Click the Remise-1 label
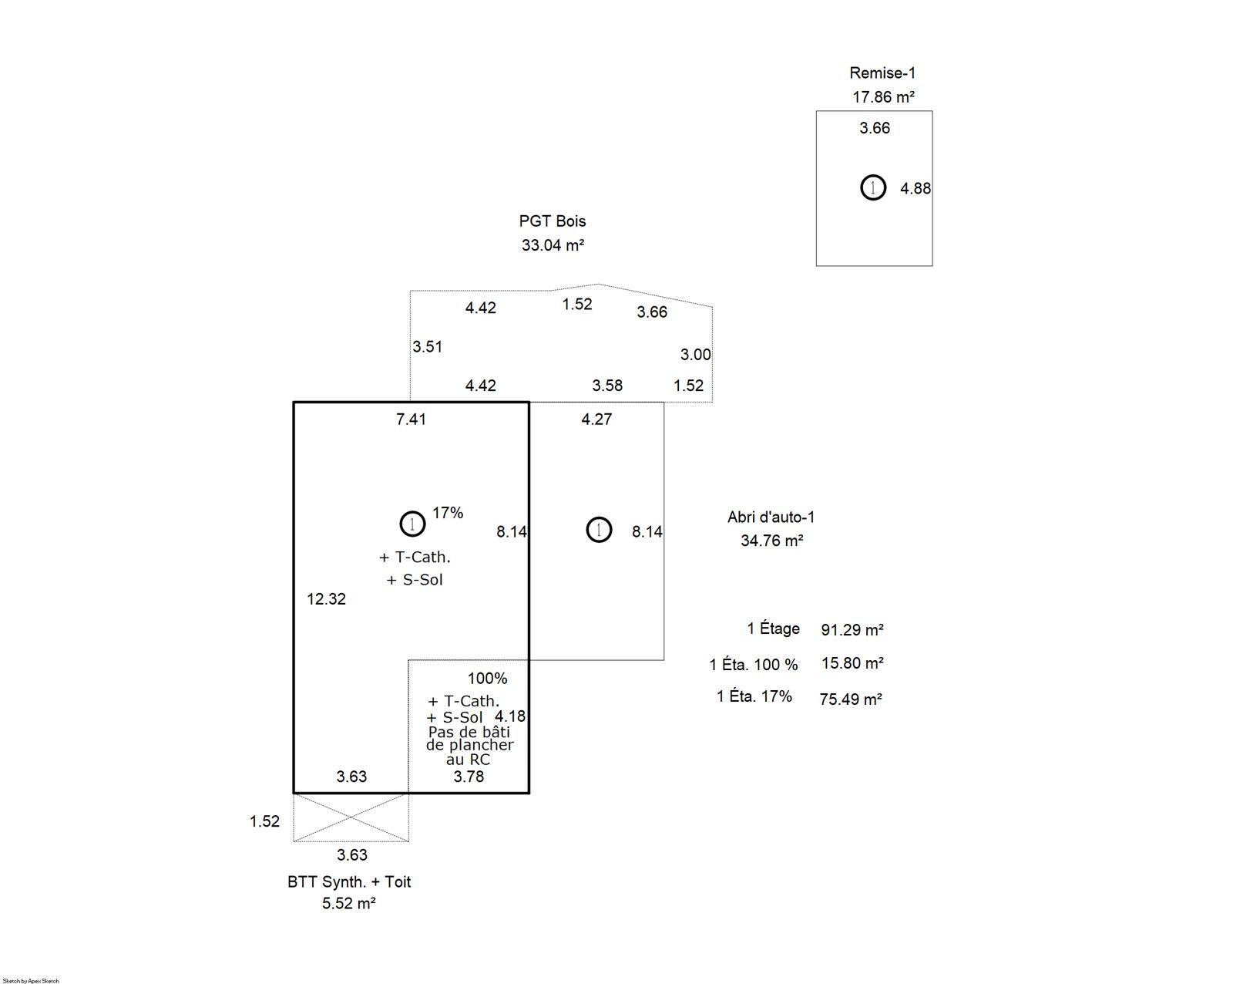pos(882,72)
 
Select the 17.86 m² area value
pos(883,97)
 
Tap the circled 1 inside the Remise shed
pos(873,187)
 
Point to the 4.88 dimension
pos(915,188)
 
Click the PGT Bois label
pos(553,221)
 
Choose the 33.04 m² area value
pos(553,245)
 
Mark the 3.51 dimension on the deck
pos(428,346)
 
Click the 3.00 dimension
pos(696,355)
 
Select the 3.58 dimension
pos(607,386)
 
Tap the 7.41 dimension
pos(411,420)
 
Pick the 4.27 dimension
pos(596,420)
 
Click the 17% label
pos(448,513)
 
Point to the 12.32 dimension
pos(326,598)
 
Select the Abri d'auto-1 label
pos(771,517)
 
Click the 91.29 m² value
pos(852,629)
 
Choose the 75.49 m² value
pos(850,699)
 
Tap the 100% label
pos(487,679)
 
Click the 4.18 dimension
pos(510,716)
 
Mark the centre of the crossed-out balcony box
pos(351,817)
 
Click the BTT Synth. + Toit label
pos(349,881)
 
